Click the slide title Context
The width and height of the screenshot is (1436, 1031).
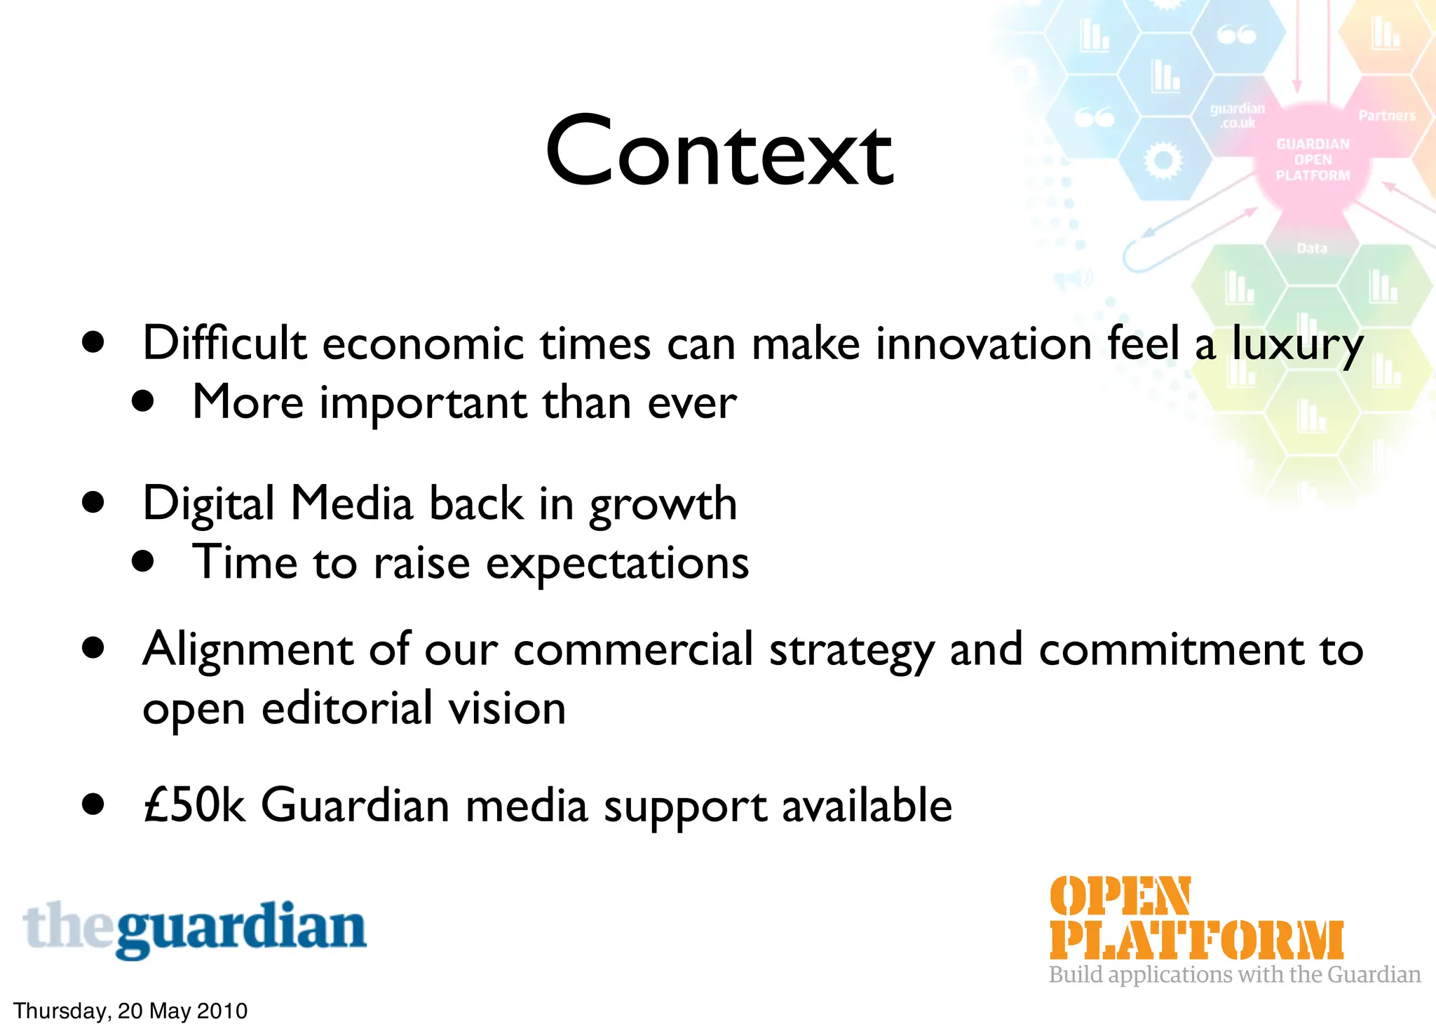pos(719,152)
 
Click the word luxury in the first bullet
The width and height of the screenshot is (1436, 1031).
pos(1297,345)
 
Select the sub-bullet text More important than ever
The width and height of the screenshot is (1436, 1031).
pos(464,403)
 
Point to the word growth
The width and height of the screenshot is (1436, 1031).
pos(663,505)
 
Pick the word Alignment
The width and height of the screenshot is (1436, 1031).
pos(247,650)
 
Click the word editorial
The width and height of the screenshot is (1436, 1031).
pos(346,708)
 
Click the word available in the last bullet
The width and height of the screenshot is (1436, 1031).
pos(867,805)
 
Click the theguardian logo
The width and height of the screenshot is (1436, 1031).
pos(195,929)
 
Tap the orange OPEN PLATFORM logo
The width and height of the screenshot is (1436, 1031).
pos(1195,918)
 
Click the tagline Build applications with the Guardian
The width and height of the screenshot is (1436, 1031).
pos(1234,975)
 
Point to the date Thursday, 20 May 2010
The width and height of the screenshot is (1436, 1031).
pos(130,1011)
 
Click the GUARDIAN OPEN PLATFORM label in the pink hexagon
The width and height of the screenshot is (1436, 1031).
pos(1313,160)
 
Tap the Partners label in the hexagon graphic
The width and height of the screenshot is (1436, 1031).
pos(1386,116)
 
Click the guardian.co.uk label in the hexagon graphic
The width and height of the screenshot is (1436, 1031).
pos(1238,116)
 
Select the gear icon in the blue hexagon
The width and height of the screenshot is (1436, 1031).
pos(1163,161)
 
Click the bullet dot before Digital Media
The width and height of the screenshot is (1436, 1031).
pos(93,503)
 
